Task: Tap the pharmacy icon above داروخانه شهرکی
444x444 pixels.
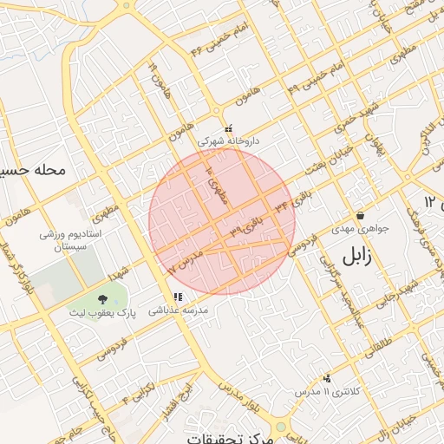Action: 228,127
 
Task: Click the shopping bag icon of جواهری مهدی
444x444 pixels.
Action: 360,215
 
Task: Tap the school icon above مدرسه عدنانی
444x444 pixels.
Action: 178,297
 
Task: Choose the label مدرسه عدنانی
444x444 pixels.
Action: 177,310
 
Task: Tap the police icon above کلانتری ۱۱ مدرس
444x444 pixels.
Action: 326,378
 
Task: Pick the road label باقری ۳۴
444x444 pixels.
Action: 291,206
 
